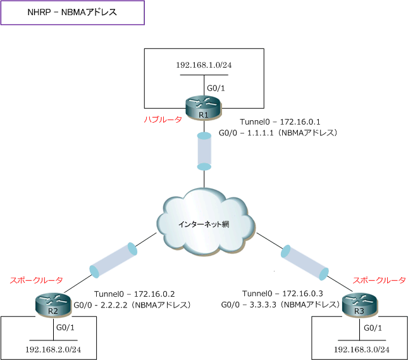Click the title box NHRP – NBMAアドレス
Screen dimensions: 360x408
coord(73,13)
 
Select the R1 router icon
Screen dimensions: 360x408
coord(204,108)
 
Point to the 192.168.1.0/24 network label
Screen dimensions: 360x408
coord(203,65)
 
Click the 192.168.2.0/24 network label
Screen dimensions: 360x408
coord(53,349)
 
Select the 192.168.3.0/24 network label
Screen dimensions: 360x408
coord(361,349)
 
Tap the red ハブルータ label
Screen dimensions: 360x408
coord(163,120)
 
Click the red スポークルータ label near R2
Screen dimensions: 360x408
coord(36,279)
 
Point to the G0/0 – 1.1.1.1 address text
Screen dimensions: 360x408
coord(279,133)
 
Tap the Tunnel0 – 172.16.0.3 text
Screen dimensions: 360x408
coord(283,294)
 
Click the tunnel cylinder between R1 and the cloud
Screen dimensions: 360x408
coord(204,151)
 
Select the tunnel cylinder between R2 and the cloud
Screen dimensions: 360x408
coord(114,259)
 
